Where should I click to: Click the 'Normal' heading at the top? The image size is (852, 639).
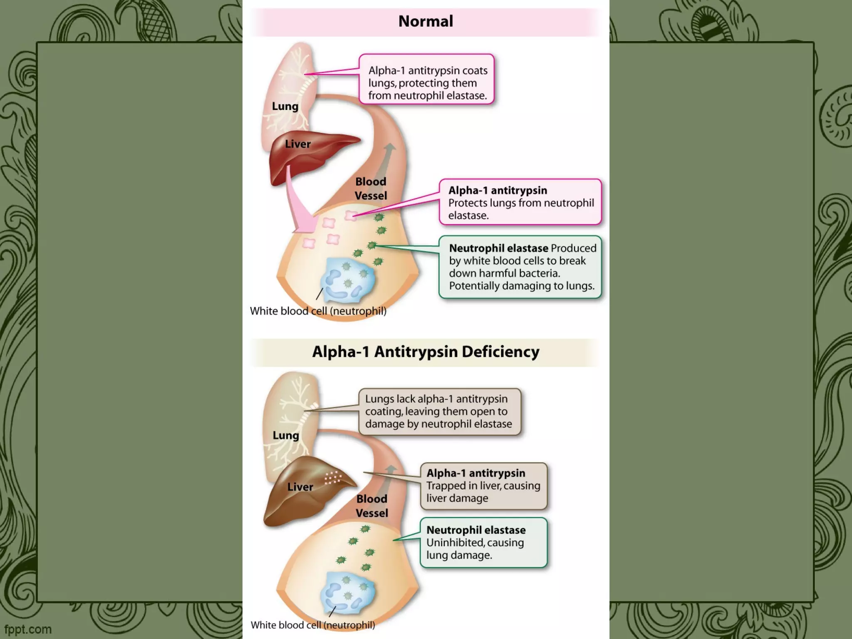tap(426, 21)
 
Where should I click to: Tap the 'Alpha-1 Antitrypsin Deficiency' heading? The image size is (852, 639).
tap(426, 352)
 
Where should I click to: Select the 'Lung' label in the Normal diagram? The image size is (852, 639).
tap(285, 106)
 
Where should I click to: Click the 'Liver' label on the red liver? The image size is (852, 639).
tap(298, 144)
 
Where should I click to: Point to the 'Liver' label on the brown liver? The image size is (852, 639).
tap(300, 487)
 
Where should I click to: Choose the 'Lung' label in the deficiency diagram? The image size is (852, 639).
tap(286, 435)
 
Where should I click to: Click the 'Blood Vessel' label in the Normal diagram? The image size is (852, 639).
tap(371, 188)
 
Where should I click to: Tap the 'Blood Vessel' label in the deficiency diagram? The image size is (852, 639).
tap(372, 506)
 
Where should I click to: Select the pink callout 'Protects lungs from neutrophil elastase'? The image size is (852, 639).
tap(520, 203)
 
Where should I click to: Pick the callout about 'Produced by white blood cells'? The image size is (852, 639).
tap(520, 267)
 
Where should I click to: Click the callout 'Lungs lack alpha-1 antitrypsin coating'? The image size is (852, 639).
tap(439, 411)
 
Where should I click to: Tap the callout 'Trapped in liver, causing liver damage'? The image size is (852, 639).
tap(483, 486)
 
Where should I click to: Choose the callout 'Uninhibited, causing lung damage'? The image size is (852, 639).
tap(483, 542)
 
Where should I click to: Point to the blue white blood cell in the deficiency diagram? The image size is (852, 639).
tap(347, 593)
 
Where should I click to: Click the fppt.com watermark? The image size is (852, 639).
tap(28, 629)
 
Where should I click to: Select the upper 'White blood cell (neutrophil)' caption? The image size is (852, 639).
tap(318, 311)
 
